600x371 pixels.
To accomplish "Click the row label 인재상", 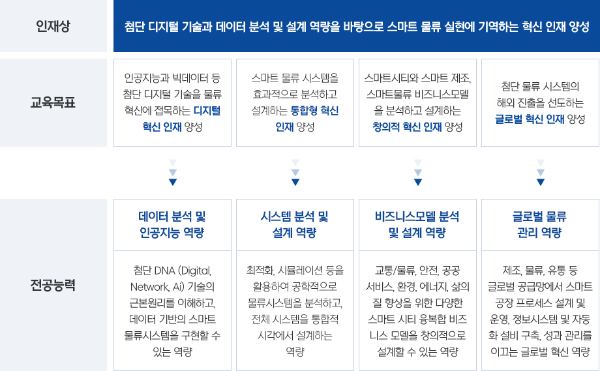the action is pos(53,26).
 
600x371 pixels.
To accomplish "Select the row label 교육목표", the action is pos(53,102).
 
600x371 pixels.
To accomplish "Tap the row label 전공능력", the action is pos(53,285).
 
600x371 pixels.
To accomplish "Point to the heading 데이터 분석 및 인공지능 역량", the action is pos(172,224).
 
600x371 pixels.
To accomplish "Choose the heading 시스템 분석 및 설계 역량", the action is pos(295,224).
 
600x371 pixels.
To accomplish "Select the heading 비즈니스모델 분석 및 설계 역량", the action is pos(417,224).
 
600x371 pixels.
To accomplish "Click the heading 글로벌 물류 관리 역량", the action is pos(540,224).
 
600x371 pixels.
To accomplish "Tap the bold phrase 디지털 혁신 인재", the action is pos(182,119).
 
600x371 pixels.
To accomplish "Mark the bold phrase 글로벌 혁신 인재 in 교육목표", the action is pos(530,119).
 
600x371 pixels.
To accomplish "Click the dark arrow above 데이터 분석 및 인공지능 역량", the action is pos(173,182).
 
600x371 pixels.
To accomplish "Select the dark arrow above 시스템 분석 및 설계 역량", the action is pos(295,182).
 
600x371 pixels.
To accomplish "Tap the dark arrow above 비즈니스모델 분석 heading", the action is pos(418,182).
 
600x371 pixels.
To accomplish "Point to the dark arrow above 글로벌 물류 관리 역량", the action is pos(540,182).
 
